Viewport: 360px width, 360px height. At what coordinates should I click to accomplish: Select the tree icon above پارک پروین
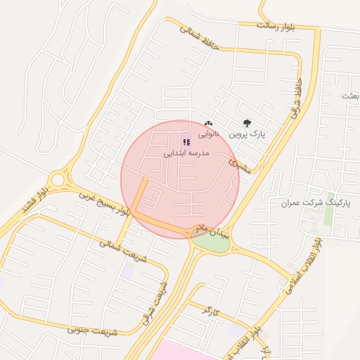tap(246, 123)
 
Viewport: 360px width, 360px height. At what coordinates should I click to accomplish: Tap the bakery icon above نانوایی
tap(208, 124)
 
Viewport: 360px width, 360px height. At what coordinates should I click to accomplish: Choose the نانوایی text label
tap(208, 134)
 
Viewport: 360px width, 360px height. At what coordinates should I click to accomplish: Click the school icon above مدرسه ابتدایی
tap(186, 142)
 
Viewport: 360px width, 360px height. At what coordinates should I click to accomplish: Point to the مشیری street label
tap(240, 165)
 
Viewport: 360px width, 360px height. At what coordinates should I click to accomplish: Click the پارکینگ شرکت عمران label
tap(315, 202)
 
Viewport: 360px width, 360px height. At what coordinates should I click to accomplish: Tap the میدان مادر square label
tap(213, 231)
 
